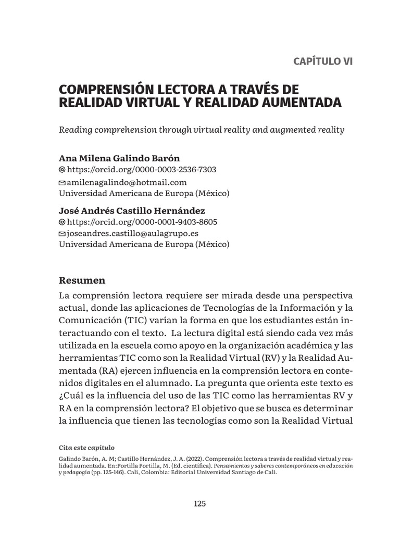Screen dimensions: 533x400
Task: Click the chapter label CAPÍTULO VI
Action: coord(323,61)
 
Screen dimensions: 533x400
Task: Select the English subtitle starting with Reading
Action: coord(202,130)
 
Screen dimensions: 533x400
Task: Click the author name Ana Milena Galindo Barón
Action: coord(121,158)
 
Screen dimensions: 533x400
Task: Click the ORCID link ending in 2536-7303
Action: coord(142,170)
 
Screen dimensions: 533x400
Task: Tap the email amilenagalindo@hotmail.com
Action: coord(127,182)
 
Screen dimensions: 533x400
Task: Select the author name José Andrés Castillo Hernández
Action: coord(132,211)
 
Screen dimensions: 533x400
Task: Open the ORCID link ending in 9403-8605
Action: coord(142,222)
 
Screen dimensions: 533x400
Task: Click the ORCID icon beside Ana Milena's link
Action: coord(63,170)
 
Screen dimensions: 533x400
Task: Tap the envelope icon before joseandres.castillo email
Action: coord(63,234)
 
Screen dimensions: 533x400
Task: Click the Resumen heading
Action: coord(82,281)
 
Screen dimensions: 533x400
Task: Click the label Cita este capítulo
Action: coord(86,448)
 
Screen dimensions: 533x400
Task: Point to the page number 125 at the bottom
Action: coord(200,503)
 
